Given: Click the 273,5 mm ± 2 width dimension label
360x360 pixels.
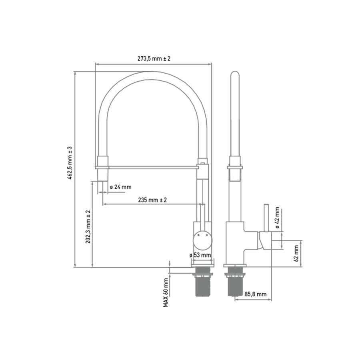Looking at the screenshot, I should point(154,58).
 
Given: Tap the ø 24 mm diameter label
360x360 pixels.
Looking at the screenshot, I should point(120,187).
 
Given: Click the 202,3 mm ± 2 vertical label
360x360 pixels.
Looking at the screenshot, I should point(88,227).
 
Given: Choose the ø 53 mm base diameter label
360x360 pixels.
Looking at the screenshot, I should point(200,255).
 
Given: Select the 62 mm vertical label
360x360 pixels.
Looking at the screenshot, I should point(296,253).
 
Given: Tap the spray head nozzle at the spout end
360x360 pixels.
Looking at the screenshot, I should point(103,174).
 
